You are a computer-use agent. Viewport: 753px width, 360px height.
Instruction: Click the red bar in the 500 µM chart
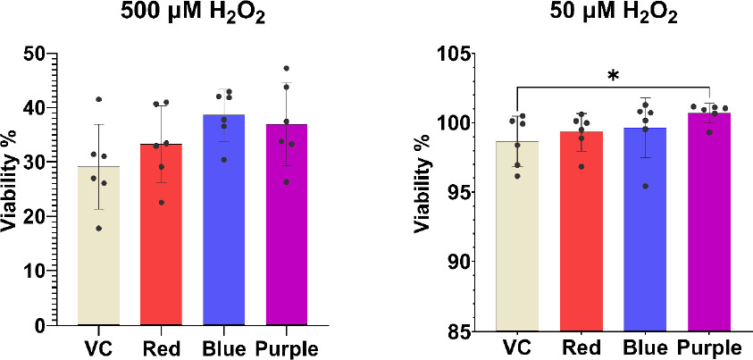click(x=161, y=241)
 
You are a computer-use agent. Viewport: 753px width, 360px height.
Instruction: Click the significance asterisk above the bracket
click(x=614, y=77)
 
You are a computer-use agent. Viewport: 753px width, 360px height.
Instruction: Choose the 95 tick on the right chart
click(x=456, y=193)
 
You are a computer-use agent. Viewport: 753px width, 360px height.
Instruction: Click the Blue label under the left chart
click(x=223, y=348)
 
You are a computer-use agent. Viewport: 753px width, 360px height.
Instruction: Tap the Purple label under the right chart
click(x=709, y=348)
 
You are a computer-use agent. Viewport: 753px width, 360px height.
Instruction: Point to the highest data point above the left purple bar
click(x=287, y=68)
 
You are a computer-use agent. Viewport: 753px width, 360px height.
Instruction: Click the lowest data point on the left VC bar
click(x=99, y=229)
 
